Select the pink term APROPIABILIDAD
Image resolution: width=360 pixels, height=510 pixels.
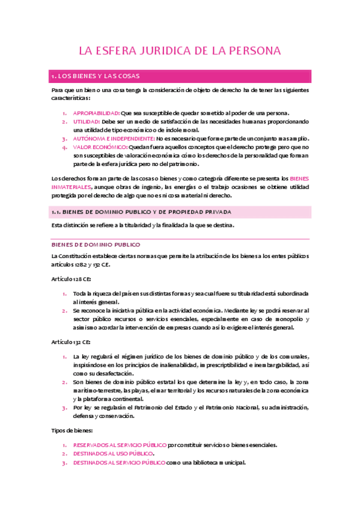point(96,113)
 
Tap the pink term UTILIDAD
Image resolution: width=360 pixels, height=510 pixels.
point(87,121)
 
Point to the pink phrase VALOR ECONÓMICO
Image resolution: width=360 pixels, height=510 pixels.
point(100,147)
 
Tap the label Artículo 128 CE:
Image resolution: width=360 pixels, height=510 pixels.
point(71,279)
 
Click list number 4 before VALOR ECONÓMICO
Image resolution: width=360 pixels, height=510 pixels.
point(65,147)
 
